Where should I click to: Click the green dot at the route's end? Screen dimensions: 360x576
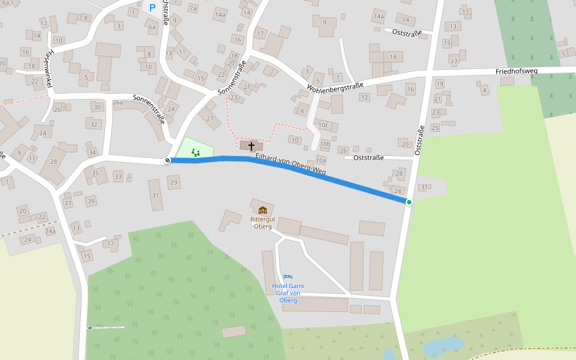click(409, 202)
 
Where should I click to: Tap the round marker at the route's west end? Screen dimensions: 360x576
click(167, 160)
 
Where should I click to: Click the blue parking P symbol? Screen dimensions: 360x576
click(152, 8)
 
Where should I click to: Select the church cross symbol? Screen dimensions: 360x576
click(251, 146)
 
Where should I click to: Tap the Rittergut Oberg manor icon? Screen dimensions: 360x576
click(263, 210)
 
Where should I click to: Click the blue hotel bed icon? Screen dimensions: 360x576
click(289, 277)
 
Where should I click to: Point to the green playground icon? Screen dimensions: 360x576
click(195, 152)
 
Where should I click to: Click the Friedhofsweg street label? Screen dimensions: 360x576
click(517, 71)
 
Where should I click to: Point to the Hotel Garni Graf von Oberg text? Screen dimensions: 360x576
click(288, 293)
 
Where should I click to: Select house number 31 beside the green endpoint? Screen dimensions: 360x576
click(424, 187)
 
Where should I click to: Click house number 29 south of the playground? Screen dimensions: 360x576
click(174, 182)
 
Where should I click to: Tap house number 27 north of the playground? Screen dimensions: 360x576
click(210, 118)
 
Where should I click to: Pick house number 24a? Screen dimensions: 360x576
click(50, 231)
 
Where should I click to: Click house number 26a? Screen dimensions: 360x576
click(118, 103)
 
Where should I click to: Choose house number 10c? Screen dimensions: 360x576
click(324, 125)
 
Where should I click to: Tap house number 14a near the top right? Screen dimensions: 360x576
click(379, 16)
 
